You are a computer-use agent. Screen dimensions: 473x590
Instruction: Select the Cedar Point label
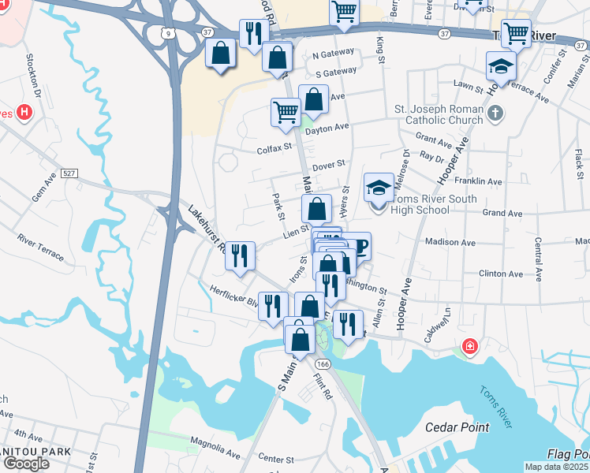pos(457,427)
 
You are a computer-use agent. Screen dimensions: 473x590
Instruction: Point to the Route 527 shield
pos(69,173)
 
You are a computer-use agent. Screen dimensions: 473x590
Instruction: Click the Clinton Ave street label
pos(500,274)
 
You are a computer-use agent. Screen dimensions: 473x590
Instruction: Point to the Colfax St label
pos(274,147)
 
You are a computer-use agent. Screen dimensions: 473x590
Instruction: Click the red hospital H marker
pos(24,113)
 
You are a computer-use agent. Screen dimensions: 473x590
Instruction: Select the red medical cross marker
pos(470,346)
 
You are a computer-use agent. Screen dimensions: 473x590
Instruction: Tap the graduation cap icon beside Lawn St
pos(501,66)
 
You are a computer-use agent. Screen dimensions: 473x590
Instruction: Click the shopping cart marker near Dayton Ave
pos(286,111)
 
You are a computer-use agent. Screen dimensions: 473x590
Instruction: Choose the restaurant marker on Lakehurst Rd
pos(240,255)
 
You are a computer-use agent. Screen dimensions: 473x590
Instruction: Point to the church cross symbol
pos(495,114)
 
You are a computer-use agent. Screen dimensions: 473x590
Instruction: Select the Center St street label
pos(276,459)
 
